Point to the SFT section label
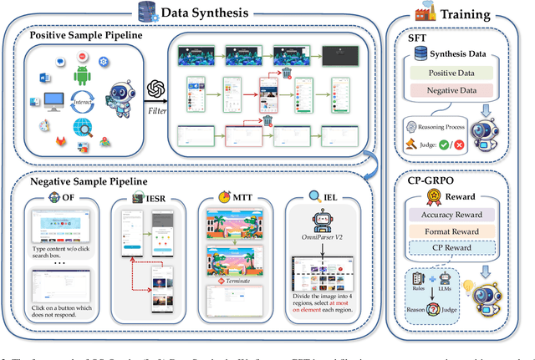click(415, 38)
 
